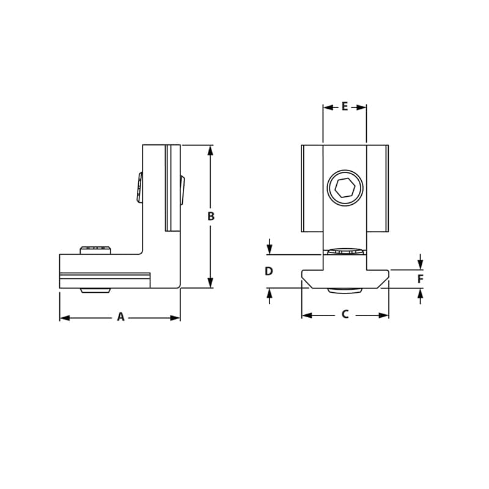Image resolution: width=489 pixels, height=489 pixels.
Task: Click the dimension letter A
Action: pos(120,317)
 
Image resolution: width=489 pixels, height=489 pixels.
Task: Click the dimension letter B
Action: pos(211,216)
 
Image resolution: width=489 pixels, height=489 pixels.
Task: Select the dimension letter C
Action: pos(345,314)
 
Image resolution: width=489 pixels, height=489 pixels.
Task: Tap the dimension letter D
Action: pos(269,271)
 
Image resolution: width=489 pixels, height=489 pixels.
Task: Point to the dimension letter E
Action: pos(345,106)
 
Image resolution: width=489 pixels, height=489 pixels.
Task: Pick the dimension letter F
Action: pos(420,279)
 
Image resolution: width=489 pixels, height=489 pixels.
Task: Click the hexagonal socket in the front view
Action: pos(345,188)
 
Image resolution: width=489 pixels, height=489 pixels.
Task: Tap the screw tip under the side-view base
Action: pos(96,290)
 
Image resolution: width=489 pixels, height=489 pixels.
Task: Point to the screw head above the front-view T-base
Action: pos(345,251)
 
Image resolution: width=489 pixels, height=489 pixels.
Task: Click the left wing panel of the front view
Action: pos(312,188)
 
